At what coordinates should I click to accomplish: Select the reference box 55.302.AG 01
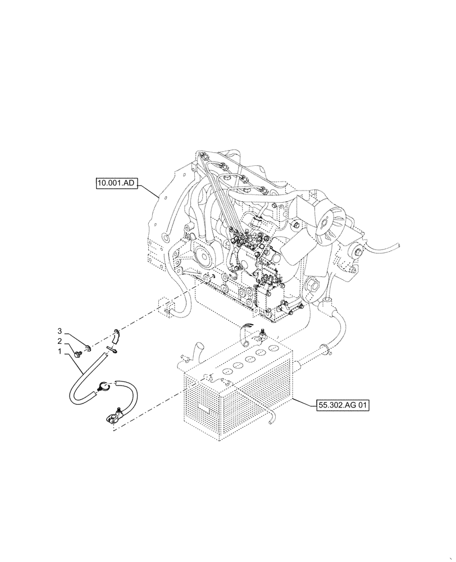(x=341, y=404)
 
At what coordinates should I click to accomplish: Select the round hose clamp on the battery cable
(x=102, y=386)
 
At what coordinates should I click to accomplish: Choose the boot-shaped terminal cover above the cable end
(x=116, y=336)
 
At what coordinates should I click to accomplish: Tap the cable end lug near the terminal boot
(x=110, y=350)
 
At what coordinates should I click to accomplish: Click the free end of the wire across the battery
(x=273, y=418)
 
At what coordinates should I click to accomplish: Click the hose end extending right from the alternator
(x=395, y=246)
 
